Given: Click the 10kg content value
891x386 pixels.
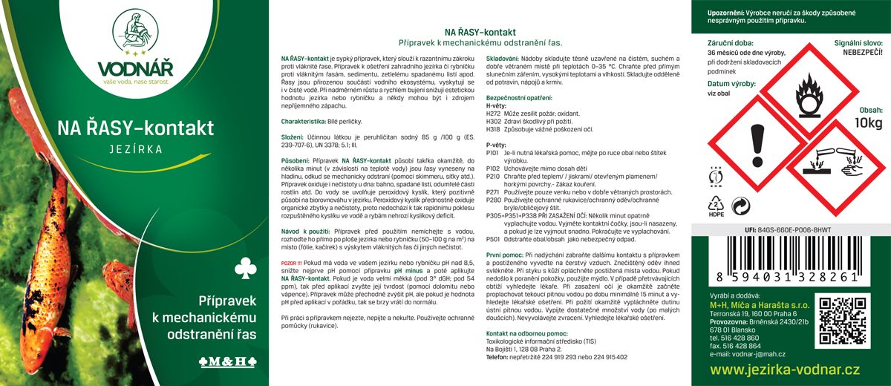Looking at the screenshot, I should point(869,122).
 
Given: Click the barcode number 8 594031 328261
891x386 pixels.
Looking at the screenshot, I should point(789,275).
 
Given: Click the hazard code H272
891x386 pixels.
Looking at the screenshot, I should point(494,113).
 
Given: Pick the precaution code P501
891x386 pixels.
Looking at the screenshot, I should point(494,239).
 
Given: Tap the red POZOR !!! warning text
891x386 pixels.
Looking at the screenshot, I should point(292,263).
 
